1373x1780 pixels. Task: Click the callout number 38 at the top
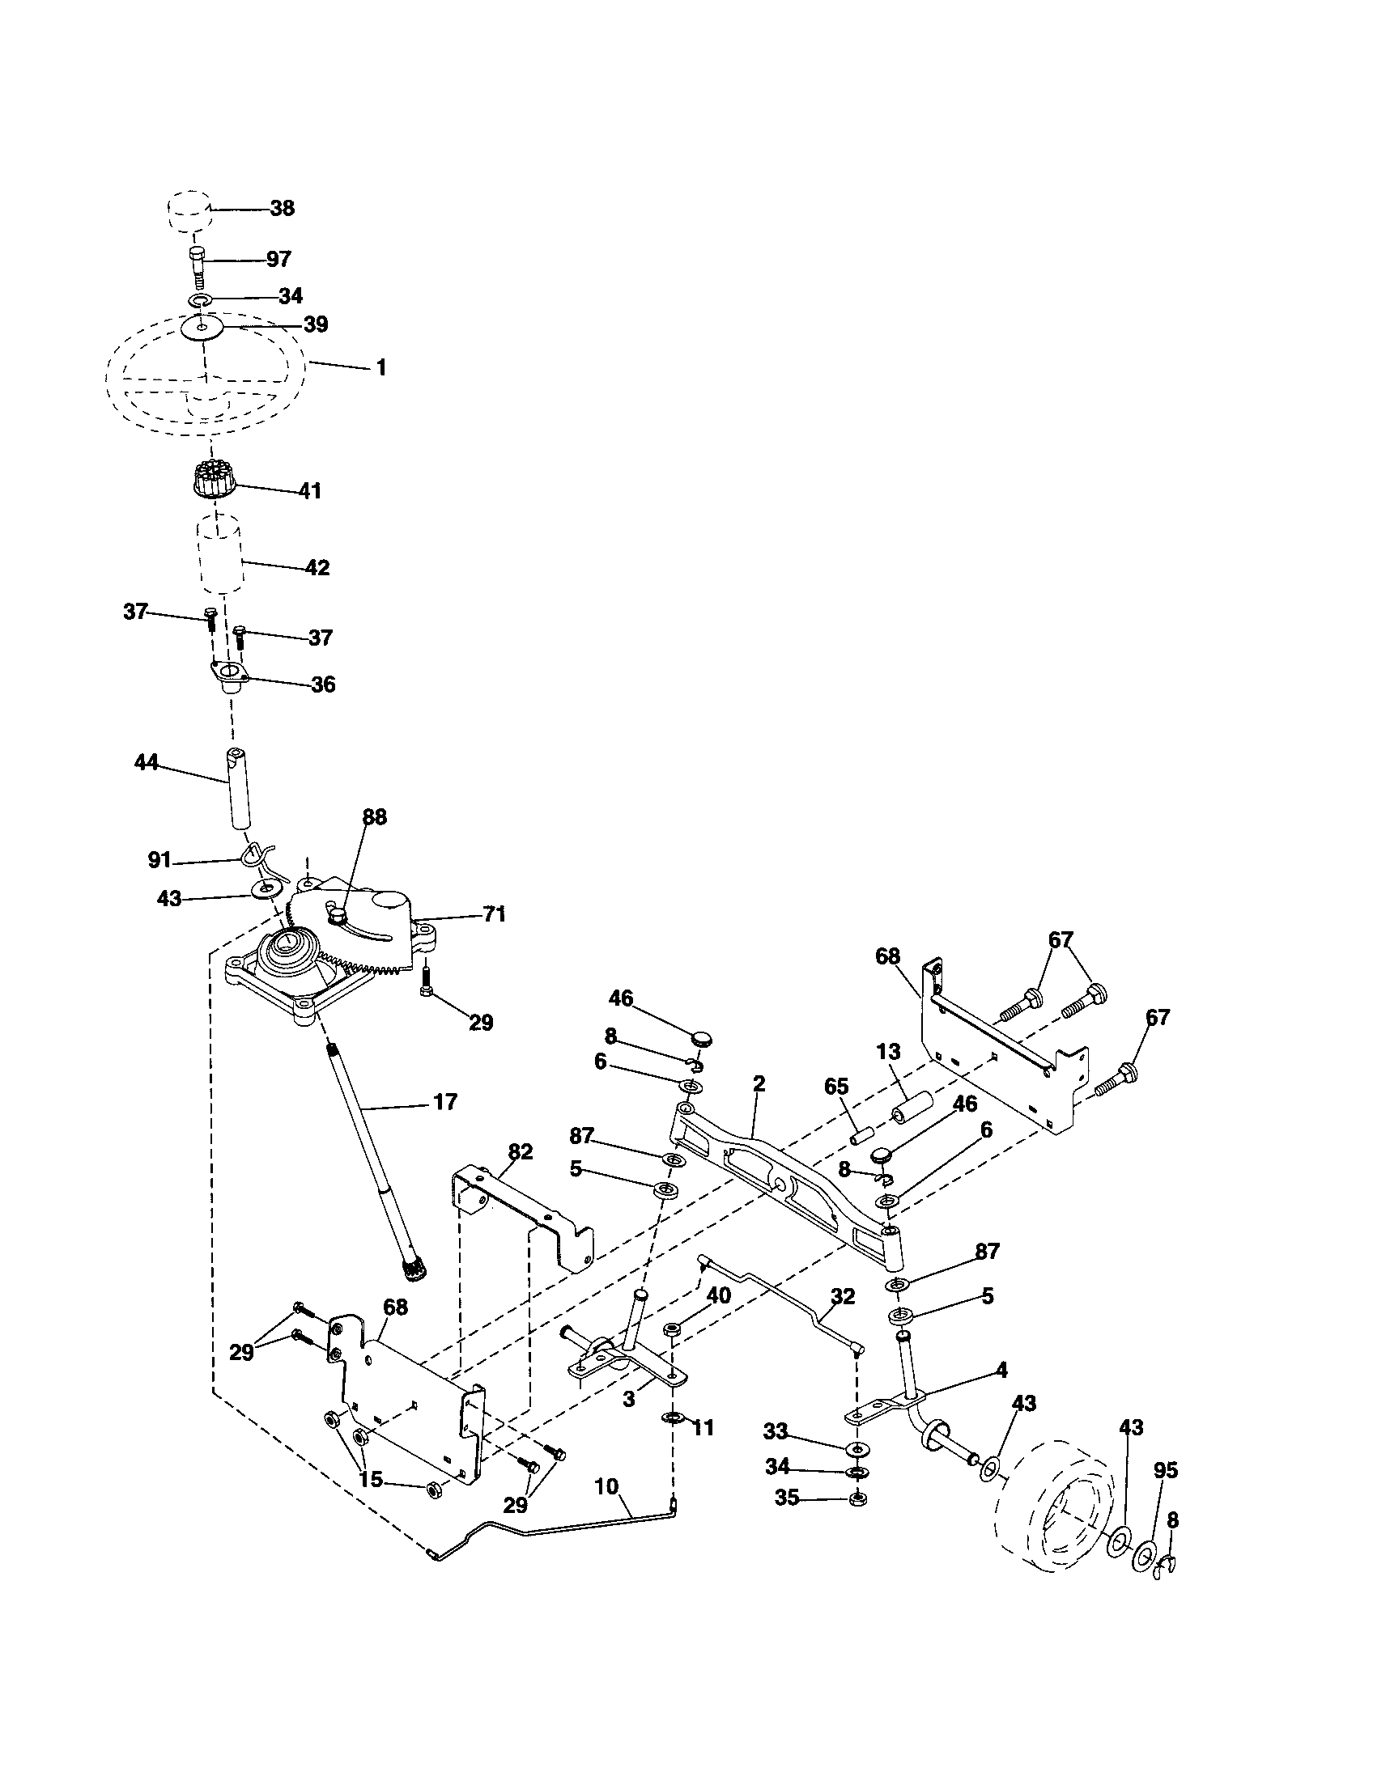(282, 208)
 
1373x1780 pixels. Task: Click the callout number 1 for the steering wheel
(380, 367)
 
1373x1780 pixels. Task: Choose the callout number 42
(317, 567)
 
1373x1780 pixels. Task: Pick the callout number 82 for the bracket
(520, 1151)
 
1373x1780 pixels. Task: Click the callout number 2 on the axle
(759, 1083)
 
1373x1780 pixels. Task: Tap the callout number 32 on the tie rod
(842, 1296)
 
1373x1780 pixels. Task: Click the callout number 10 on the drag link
(606, 1485)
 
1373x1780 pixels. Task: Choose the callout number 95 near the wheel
(1166, 1470)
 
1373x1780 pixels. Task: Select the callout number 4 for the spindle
(1002, 1370)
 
